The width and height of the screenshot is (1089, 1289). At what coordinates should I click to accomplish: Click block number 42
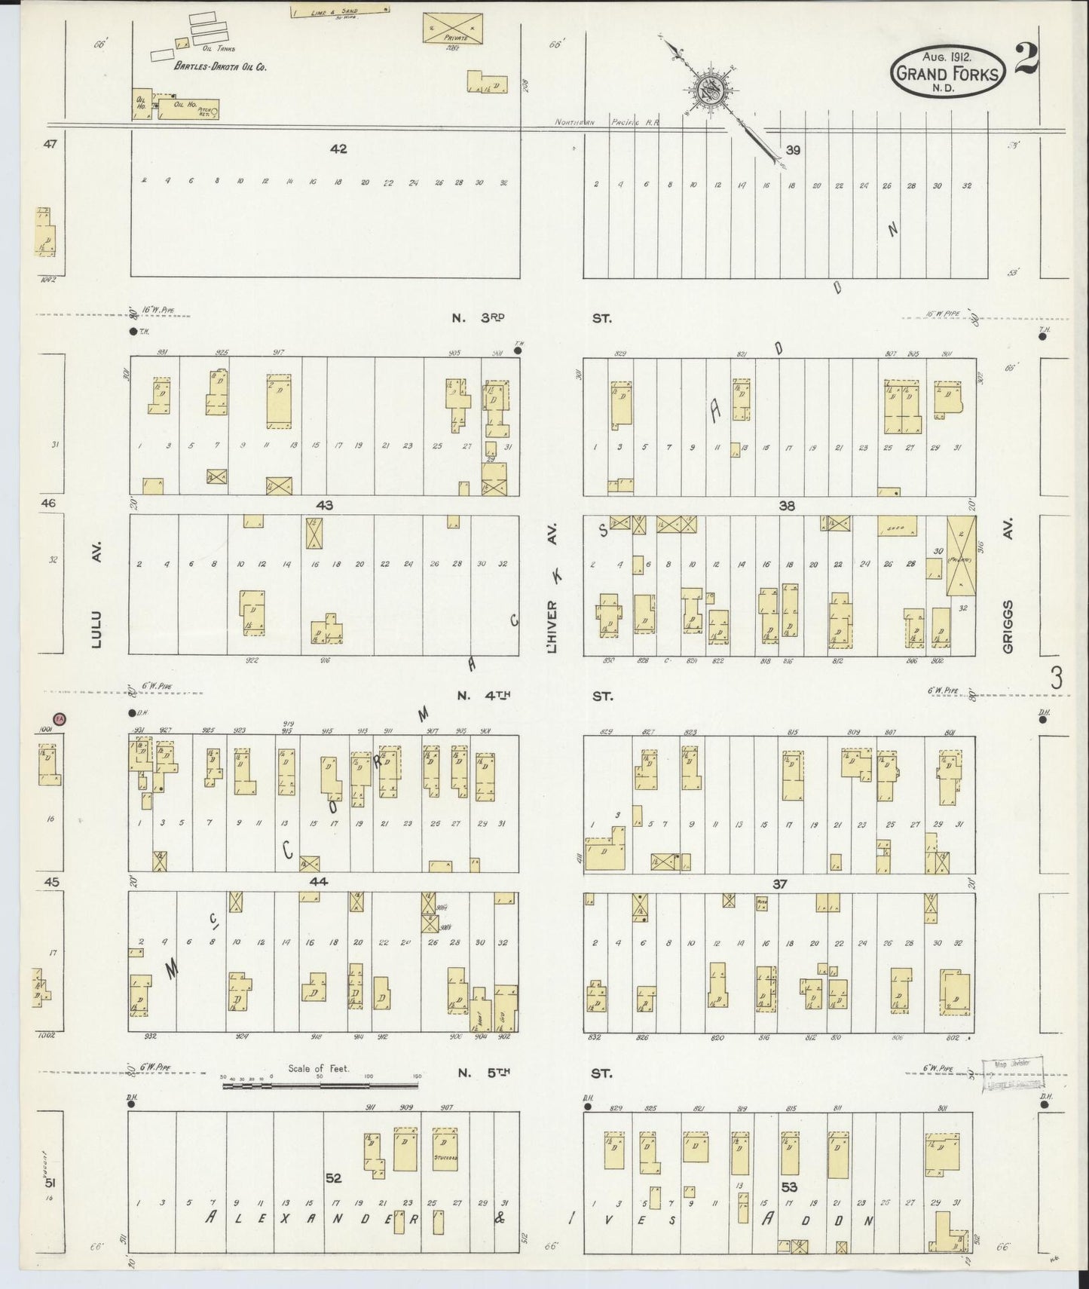(338, 149)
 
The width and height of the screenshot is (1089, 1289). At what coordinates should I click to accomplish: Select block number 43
(325, 505)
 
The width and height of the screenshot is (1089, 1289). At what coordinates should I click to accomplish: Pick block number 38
(787, 506)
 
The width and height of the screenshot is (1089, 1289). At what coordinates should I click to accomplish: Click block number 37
(779, 883)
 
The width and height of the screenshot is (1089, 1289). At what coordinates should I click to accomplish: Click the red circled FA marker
(60, 720)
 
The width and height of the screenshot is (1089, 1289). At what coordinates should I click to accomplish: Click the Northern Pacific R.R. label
(607, 122)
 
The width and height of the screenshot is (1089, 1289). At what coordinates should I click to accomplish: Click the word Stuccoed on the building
(446, 1158)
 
